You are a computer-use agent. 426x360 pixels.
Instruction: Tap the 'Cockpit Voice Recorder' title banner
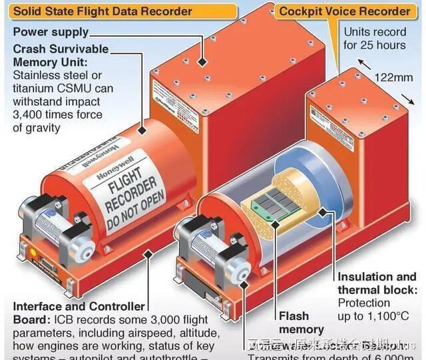pos(344,11)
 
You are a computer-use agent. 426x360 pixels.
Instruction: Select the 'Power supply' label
pos(51,32)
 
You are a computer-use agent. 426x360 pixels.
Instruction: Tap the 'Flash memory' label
pos(301,323)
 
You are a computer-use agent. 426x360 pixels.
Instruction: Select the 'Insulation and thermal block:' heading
pos(377,283)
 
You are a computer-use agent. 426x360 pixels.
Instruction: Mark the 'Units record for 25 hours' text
pos(374,39)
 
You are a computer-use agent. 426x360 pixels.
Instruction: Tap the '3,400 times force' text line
pos(57,114)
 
